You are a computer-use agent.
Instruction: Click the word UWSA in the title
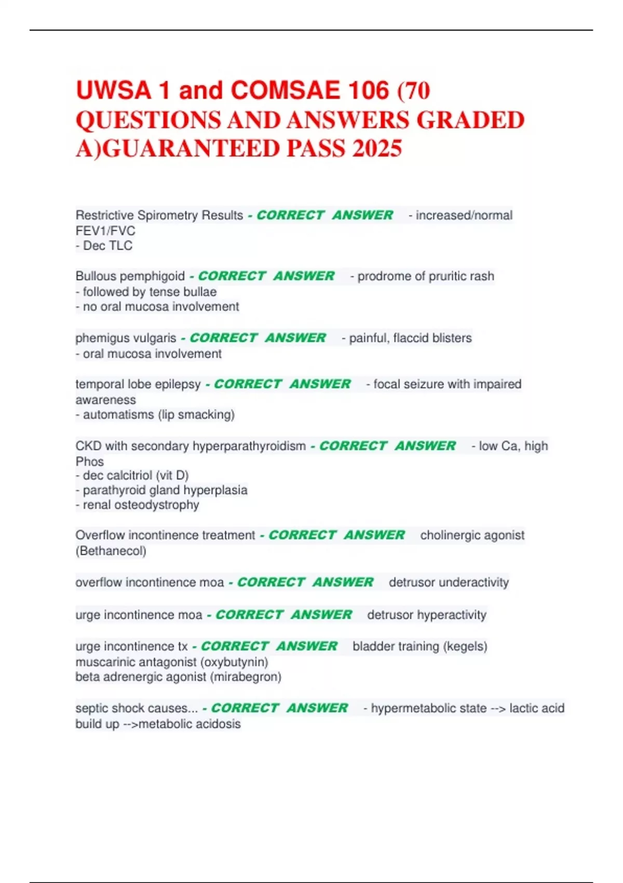[113, 90]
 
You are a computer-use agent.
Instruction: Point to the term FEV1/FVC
[105, 231]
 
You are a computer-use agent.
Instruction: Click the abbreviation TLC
[120, 246]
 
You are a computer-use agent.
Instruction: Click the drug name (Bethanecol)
[111, 551]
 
